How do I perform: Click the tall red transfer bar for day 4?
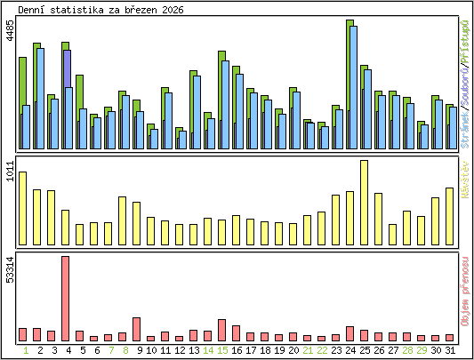tap(66, 298)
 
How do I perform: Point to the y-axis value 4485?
tap(10, 32)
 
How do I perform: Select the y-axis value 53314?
tap(10, 269)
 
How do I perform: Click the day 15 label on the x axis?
tap(222, 350)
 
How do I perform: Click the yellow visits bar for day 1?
tap(23, 208)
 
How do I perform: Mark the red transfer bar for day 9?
tap(137, 329)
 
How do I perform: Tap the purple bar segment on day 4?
tap(68, 68)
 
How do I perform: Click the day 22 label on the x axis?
tap(322, 350)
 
